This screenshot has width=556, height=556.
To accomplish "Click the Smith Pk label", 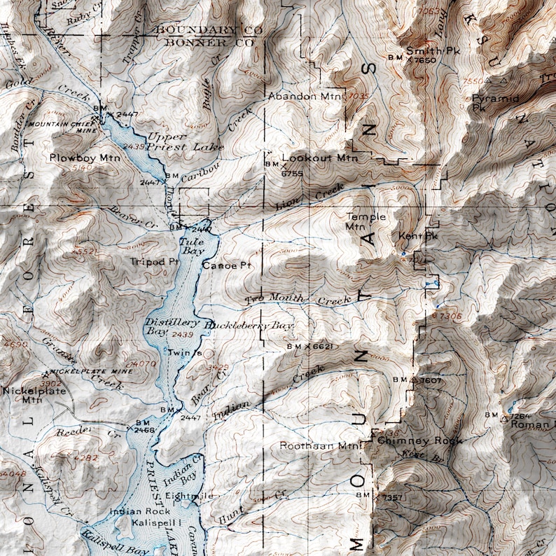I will coord(424,50).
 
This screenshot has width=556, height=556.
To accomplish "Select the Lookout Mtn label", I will coord(319,159).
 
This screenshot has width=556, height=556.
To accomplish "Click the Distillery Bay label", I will coord(166,326).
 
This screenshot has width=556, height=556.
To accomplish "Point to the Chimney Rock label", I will coord(410,441).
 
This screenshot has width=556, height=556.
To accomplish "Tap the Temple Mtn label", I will coord(365,221).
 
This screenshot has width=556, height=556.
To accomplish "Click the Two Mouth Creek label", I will coord(297,300).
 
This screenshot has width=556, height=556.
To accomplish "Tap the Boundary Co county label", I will coord(208,29).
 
